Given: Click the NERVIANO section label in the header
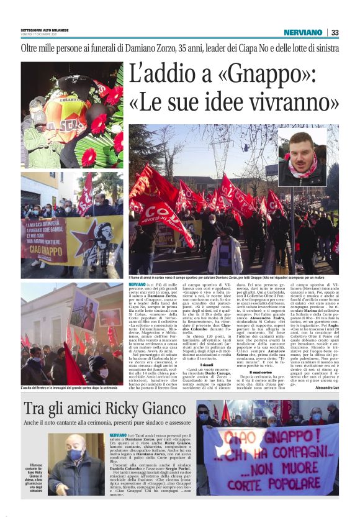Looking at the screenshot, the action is pyautogui.click(x=303, y=32).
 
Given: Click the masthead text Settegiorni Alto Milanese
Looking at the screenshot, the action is pyautogui.click(x=44, y=30).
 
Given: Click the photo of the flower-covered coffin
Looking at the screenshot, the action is pyautogui.click(x=71, y=115).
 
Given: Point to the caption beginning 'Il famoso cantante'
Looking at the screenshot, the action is pyautogui.click(x=35, y=477).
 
